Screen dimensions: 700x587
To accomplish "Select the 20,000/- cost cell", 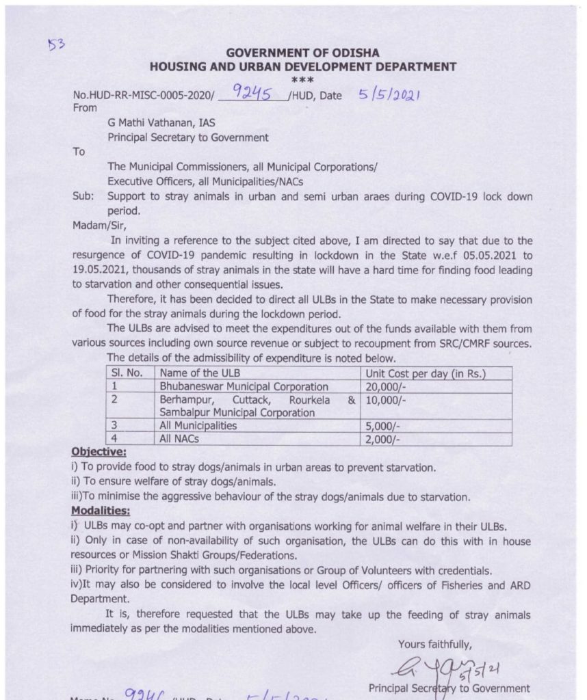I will pyautogui.click(x=387, y=386).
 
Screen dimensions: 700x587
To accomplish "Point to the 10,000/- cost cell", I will pyautogui.click(x=387, y=400).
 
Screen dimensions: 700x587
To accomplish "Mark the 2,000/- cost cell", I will pyautogui.click(x=384, y=438).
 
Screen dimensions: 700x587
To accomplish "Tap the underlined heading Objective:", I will pyautogui.click(x=97, y=452).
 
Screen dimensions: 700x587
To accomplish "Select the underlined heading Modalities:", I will pyautogui.click(x=100, y=510).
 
